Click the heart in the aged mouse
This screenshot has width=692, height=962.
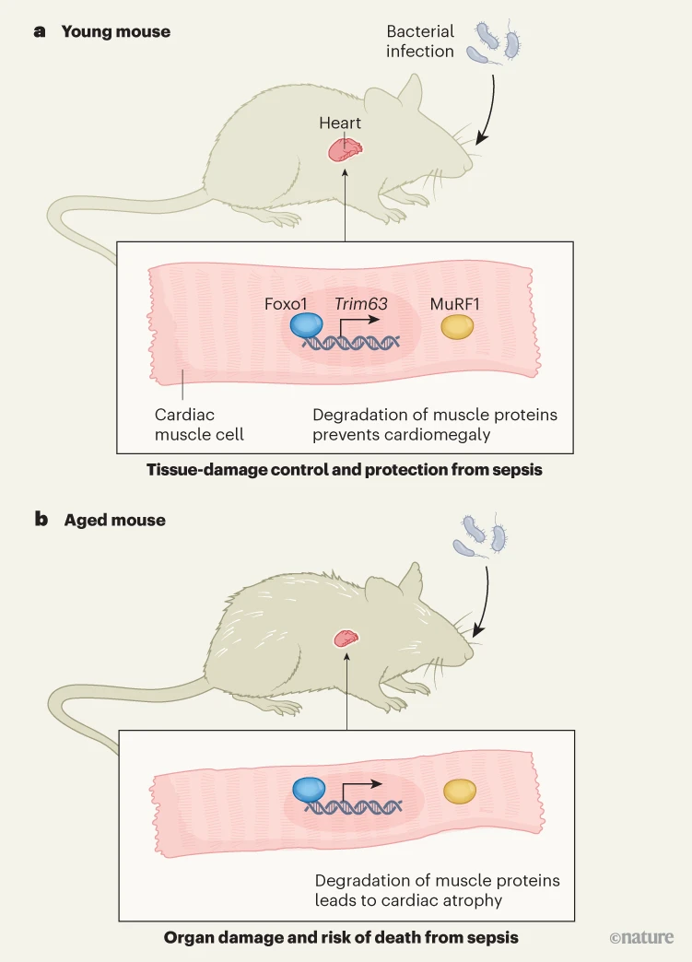click(x=346, y=638)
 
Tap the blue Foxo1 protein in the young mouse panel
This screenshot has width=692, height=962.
click(x=307, y=326)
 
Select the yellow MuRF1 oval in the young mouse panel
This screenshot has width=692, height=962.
click(x=458, y=327)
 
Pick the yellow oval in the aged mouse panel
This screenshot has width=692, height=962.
click(x=460, y=791)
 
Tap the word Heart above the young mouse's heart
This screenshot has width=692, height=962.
click(x=340, y=123)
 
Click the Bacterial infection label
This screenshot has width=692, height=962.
click(x=420, y=41)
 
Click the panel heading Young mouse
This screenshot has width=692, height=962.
click(x=115, y=31)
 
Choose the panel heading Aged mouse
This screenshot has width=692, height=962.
click(x=114, y=520)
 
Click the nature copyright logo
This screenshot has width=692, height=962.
click(x=641, y=938)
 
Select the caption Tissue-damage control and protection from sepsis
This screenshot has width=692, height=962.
click(x=345, y=470)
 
